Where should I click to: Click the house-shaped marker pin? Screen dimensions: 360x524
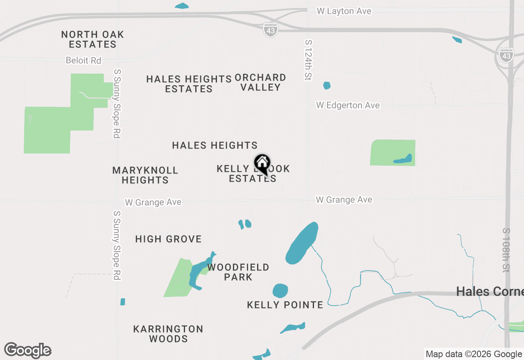(262, 163)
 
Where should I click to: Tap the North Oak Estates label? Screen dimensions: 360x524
(93, 39)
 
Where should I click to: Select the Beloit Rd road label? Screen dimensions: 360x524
(83, 61)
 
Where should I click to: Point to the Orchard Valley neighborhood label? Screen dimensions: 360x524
(260, 82)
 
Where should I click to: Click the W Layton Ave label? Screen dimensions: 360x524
(344, 11)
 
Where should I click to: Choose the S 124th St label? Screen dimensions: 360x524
(308, 60)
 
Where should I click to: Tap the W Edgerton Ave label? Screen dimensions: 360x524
(348, 106)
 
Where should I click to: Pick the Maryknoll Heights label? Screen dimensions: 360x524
(145, 175)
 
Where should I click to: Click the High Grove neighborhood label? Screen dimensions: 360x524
(168, 239)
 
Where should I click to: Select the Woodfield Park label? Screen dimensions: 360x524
(238, 272)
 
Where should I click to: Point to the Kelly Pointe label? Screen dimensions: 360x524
(285, 305)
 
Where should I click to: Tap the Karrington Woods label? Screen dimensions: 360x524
(168, 334)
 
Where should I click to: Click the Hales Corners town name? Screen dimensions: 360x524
(490, 291)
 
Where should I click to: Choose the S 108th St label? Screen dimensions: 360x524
(506, 250)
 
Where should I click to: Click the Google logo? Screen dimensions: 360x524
(27, 350)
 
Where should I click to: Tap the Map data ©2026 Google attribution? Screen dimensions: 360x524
(474, 354)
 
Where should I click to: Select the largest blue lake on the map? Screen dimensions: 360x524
(302, 243)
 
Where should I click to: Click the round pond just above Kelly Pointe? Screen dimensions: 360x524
(280, 290)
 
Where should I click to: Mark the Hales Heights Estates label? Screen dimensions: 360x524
(189, 83)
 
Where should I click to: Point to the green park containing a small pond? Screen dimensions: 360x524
(393, 153)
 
